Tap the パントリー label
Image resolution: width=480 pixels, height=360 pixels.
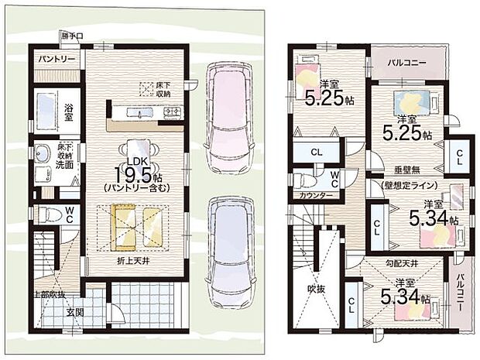coord(52,59)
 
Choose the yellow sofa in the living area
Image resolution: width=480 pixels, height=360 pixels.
coord(132,224)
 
